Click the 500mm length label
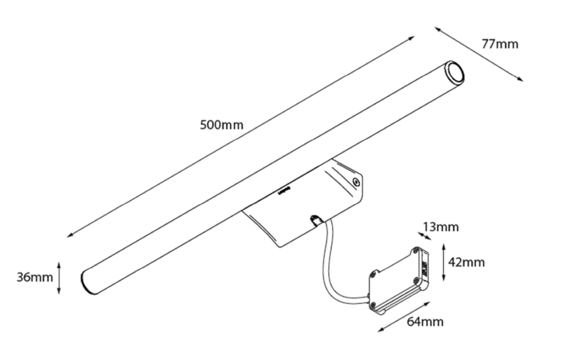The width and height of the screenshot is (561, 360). (x=222, y=125)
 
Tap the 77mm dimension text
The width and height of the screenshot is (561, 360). (x=499, y=44)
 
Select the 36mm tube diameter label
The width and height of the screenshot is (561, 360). (x=34, y=276)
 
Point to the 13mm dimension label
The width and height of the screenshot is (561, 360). (x=441, y=227)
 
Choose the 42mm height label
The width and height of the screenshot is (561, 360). (x=466, y=262)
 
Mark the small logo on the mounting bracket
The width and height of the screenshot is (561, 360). (x=283, y=189)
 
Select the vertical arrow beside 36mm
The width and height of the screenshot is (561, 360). (x=61, y=277)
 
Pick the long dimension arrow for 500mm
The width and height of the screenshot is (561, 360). (x=242, y=137)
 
